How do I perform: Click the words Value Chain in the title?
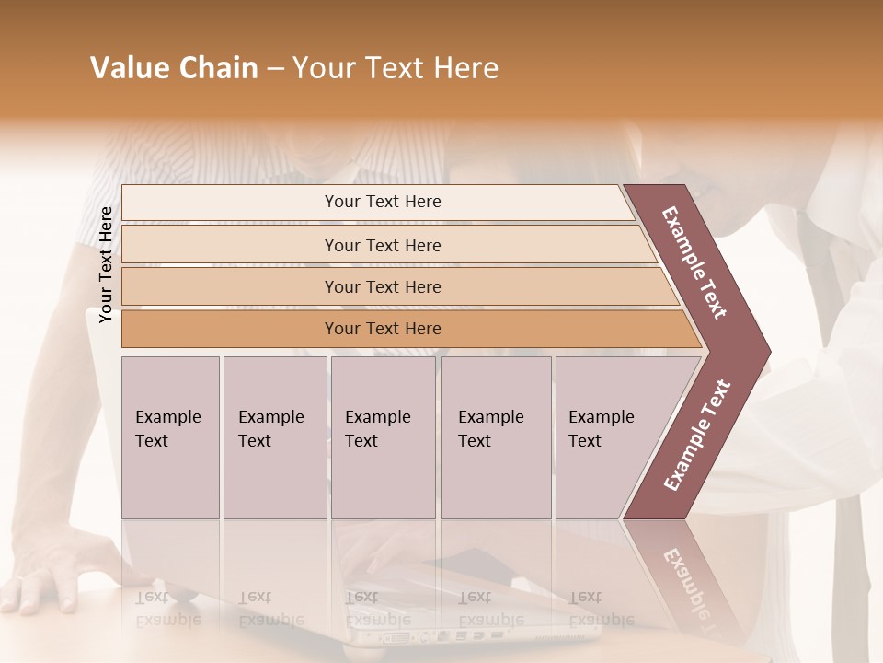click(x=174, y=68)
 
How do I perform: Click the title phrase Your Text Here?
click(x=396, y=68)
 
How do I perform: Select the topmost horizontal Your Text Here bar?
click(x=382, y=202)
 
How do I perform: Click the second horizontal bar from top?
click(x=382, y=245)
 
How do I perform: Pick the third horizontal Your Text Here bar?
click(x=382, y=286)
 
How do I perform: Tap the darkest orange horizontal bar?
click(x=382, y=329)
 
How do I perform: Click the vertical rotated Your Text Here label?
click(x=106, y=264)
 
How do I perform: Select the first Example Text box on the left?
click(x=170, y=437)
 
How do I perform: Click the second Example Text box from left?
click(x=274, y=437)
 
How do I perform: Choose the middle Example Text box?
click(x=383, y=437)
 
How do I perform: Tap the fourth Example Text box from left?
click(x=495, y=437)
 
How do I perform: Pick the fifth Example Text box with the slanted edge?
click(x=607, y=437)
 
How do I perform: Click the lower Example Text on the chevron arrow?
click(x=697, y=436)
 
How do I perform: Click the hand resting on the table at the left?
click(x=41, y=585)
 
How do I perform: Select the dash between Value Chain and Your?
click(x=275, y=69)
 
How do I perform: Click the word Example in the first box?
click(x=167, y=417)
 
